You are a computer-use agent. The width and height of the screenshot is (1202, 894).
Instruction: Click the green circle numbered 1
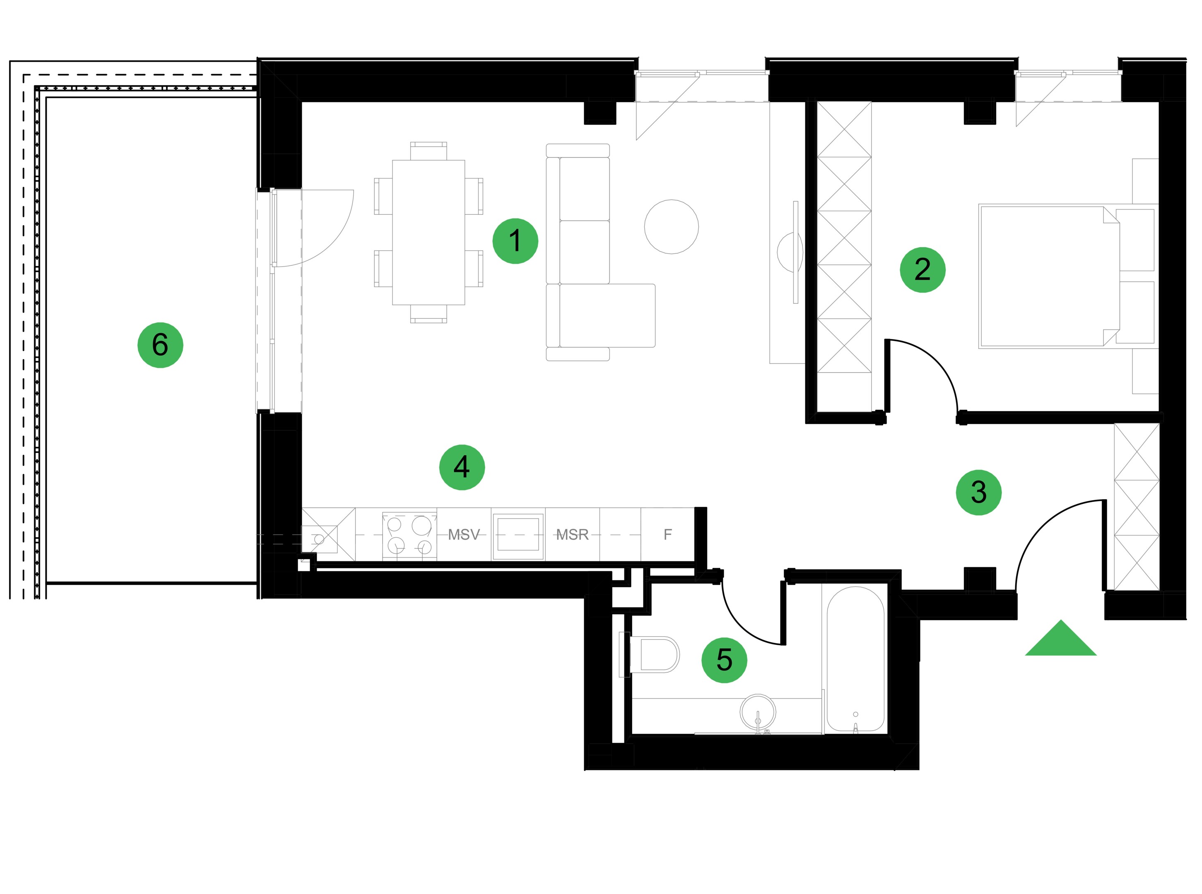pos(515,241)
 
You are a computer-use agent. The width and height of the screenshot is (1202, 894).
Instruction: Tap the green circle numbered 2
pos(922,270)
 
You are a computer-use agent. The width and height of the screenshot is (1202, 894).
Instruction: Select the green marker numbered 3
pos(978,493)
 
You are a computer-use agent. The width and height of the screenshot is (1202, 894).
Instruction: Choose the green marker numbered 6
pos(160,345)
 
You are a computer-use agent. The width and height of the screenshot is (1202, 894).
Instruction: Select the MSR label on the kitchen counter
pos(572,535)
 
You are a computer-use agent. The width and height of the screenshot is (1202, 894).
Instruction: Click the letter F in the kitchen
pos(667,535)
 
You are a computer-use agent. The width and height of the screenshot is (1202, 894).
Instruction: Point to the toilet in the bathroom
pos(650,654)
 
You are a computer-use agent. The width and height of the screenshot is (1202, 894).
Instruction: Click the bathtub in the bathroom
pos(855,659)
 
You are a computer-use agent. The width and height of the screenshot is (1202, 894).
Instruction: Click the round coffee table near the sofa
pos(671,227)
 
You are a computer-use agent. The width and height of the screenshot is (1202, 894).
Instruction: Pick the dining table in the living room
pos(428,232)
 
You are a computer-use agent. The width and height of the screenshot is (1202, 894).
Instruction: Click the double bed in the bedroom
pos(1066,276)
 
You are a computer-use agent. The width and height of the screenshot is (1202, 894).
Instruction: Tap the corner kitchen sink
pos(320,539)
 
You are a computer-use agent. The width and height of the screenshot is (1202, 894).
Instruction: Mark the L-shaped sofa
pos(600,252)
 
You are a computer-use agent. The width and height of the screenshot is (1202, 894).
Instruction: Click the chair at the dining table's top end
pos(428,151)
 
